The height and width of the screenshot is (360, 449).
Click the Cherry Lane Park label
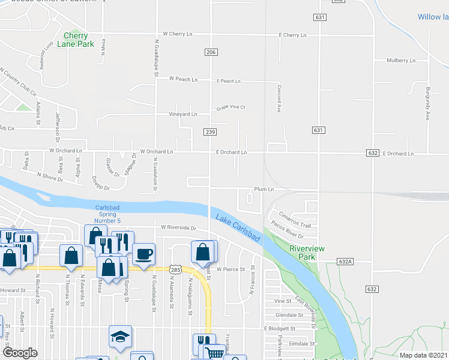[x=79, y=40]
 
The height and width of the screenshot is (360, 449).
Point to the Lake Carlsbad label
[x=236, y=229]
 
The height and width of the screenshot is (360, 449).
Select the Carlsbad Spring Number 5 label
[x=112, y=214]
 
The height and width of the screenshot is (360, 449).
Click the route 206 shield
[x=210, y=53]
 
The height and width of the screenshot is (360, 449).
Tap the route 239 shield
[x=210, y=132]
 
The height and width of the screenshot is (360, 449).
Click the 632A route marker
[x=345, y=262]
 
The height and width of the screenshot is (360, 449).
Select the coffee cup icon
[x=143, y=253]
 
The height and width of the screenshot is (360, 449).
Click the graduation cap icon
[x=120, y=337]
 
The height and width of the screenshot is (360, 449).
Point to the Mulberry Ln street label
[x=401, y=61]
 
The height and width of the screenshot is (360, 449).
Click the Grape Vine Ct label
[x=231, y=108]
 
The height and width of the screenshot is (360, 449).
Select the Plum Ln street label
[x=264, y=189]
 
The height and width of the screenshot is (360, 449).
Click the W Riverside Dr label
[x=178, y=228]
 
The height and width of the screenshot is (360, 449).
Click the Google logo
[x=20, y=353]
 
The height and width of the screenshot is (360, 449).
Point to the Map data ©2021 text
[x=424, y=355]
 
